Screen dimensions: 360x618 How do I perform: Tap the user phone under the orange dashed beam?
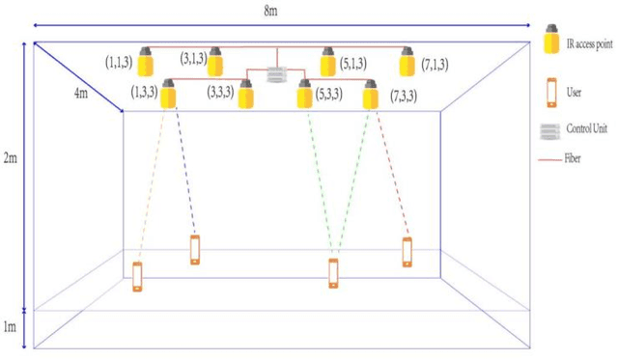137,275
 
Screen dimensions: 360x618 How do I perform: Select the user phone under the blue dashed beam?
195,249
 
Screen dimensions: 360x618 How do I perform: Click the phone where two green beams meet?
334,273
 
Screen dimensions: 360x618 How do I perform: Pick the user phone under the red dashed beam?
407,252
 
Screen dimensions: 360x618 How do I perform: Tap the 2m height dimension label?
11,158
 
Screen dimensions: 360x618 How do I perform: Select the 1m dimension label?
11,328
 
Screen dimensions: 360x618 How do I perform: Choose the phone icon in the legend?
551,92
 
